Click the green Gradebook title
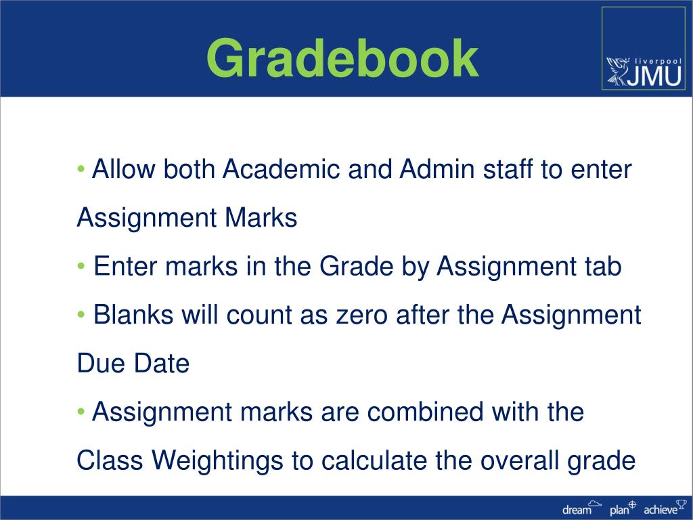[x=342, y=59]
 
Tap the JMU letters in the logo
[x=653, y=74]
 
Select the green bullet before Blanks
[x=81, y=315]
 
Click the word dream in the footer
[x=576, y=510]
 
